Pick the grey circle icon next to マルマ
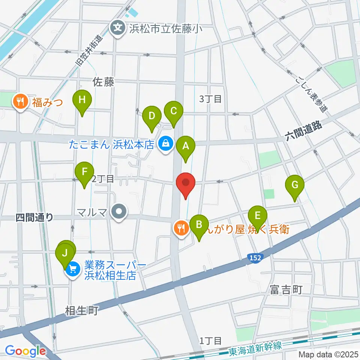pos(119,211)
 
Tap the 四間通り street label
pos(34,217)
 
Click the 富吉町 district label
pos(285,289)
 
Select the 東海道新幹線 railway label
pos(255,347)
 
